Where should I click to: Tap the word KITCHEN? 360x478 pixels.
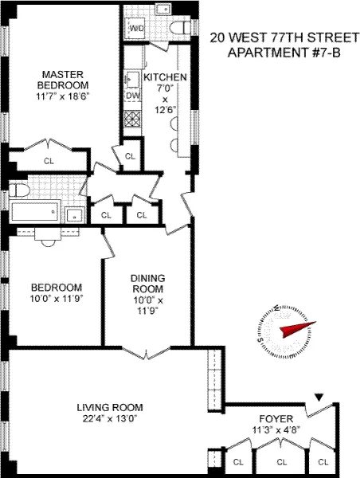pos(165,77)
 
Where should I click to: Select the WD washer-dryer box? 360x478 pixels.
pos(136,29)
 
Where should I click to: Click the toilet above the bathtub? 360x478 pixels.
pos(20,191)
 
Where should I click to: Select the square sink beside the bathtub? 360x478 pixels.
pos(73,214)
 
